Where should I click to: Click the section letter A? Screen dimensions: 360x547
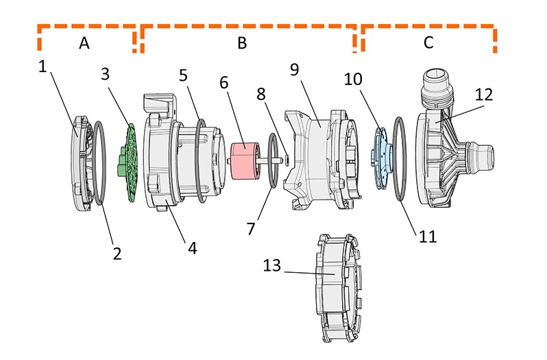(84, 43)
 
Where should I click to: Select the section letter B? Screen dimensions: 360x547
(241, 43)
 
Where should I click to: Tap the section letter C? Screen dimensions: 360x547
(428, 43)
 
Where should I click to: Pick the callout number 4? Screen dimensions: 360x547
(193, 248)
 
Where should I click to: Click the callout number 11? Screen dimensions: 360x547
(427, 236)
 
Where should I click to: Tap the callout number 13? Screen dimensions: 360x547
(272, 265)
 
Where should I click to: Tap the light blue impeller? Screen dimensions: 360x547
(382, 156)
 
